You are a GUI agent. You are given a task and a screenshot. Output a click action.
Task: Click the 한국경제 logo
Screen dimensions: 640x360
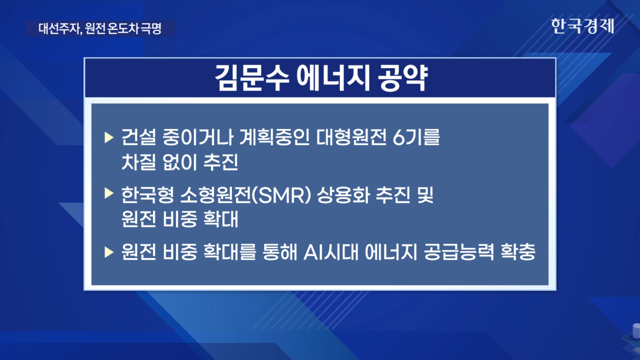click(582, 26)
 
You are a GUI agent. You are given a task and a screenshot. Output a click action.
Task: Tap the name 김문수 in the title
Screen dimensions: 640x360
click(252, 78)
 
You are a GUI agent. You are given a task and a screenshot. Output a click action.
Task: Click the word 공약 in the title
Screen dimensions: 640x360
click(402, 78)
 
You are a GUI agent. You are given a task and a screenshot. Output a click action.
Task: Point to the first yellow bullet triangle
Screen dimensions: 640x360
click(109, 137)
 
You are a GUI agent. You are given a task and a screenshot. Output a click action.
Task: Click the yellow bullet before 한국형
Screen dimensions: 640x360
click(109, 193)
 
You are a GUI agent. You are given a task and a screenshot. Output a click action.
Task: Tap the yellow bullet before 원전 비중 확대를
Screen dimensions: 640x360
click(109, 252)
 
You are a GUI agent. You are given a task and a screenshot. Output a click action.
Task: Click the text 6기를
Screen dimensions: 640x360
click(416, 137)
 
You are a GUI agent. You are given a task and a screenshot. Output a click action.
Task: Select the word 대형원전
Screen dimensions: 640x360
click(351, 137)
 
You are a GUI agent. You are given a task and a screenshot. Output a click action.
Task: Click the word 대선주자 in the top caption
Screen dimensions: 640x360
click(59, 28)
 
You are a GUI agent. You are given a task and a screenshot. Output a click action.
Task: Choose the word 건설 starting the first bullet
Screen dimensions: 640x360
click(139, 137)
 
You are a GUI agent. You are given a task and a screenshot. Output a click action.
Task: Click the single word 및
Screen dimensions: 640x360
click(425, 195)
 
